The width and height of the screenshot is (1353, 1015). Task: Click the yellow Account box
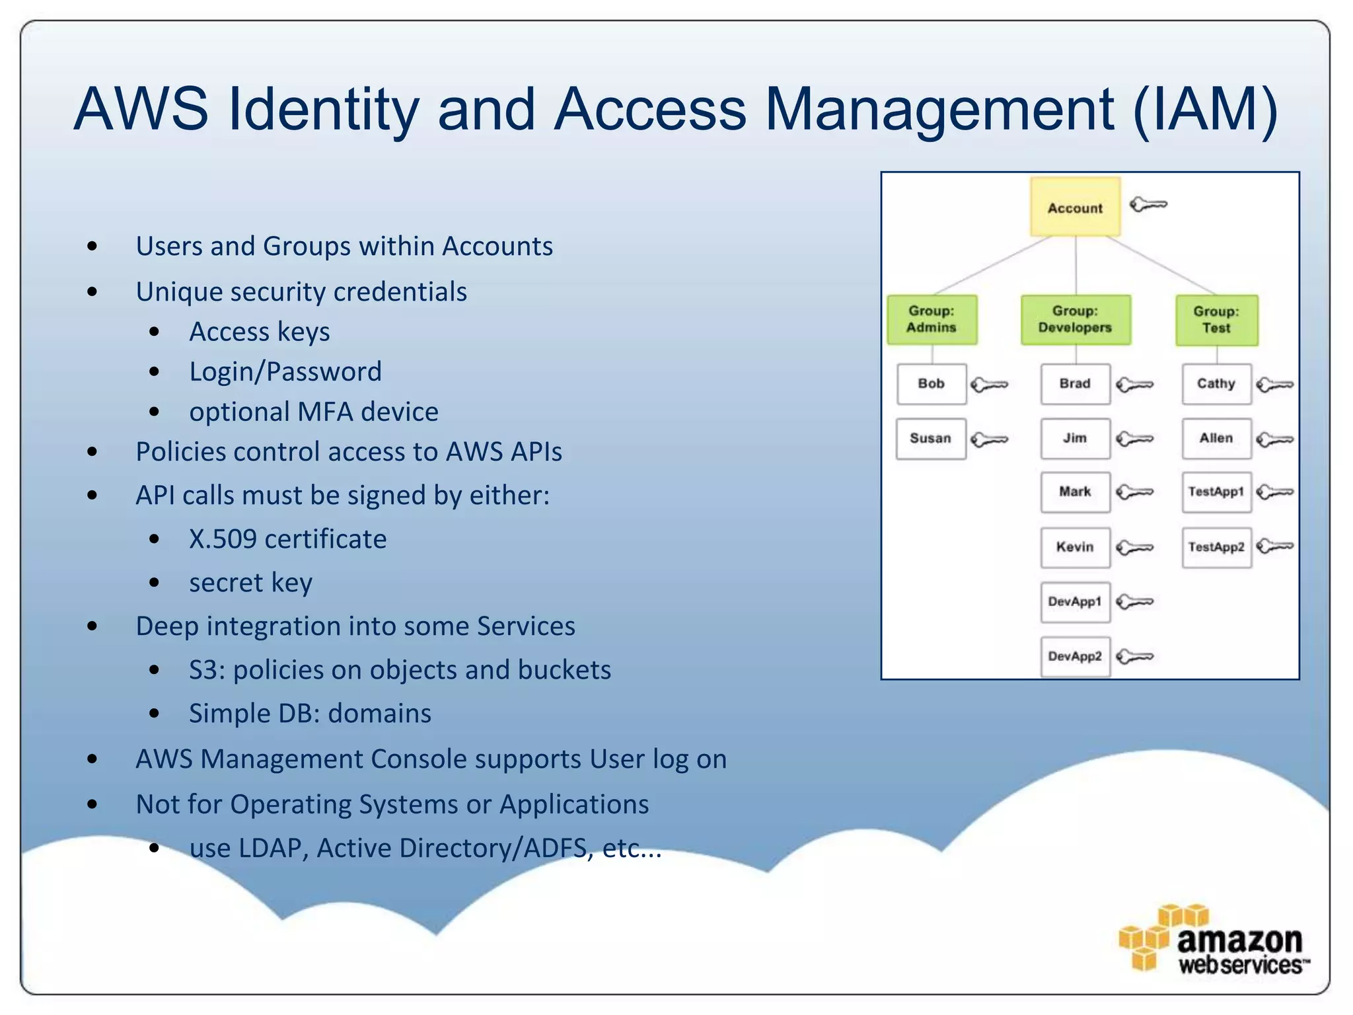(x=1075, y=207)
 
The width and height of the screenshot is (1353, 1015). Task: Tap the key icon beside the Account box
(x=1148, y=204)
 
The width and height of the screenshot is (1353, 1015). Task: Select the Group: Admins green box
(x=932, y=319)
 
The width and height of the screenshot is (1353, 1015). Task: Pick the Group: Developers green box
(x=1075, y=319)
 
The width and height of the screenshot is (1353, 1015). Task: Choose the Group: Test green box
(x=1216, y=320)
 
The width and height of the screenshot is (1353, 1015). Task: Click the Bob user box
(x=932, y=383)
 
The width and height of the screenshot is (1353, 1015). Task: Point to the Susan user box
(x=930, y=438)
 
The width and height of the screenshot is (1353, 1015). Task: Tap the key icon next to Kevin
(x=1134, y=547)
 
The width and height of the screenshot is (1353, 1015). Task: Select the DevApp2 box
(x=1075, y=656)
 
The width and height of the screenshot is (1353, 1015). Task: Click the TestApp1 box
(x=1216, y=492)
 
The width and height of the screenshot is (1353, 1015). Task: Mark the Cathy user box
(x=1216, y=383)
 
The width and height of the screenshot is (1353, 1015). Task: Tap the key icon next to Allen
(x=1274, y=439)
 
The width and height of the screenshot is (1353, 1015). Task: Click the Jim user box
(x=1075, y=438)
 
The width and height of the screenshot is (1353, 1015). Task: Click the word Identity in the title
(x=324, y=109)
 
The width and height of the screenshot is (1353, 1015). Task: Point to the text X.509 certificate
(x=287, y=539)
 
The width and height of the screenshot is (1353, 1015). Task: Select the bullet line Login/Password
(x=285, y=372)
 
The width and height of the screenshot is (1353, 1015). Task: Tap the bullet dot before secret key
(x=155, y=582)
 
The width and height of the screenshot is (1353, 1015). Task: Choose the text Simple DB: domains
(x=310, y=714)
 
